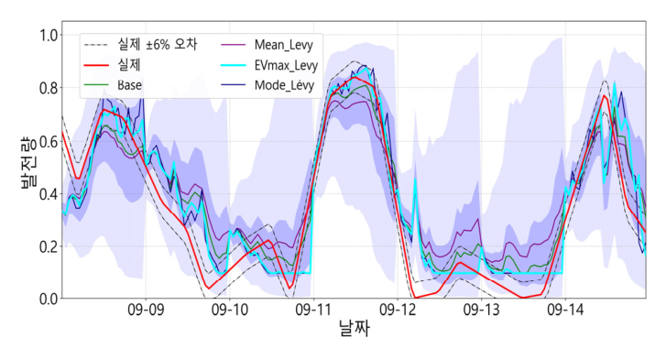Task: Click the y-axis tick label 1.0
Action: coord(49,35)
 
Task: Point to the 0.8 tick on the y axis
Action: coord(49,88)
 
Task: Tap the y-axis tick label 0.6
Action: coord(49,141)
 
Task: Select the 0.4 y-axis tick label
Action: coord(49,194)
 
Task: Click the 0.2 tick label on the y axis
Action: coord(49,246)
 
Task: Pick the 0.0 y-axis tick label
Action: coord(49,299)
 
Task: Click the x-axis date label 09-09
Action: coord(146,310)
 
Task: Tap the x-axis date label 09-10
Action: coord(230,310)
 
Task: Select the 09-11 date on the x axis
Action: coord(313,310)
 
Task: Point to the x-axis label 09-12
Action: coord(398,310)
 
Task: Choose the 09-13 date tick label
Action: coord(481,310)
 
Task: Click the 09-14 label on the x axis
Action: coord(565,310)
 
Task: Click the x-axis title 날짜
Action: coord(355,328)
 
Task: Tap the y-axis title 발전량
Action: coord(27,162)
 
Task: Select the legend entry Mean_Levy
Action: coord(284,45)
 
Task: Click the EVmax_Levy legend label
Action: coord(286,65)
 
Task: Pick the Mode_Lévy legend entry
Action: coord(285,85)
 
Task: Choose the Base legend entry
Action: coord(129,85)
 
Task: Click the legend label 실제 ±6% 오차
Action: coord(158,44)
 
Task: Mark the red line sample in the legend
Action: coord(96,65)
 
